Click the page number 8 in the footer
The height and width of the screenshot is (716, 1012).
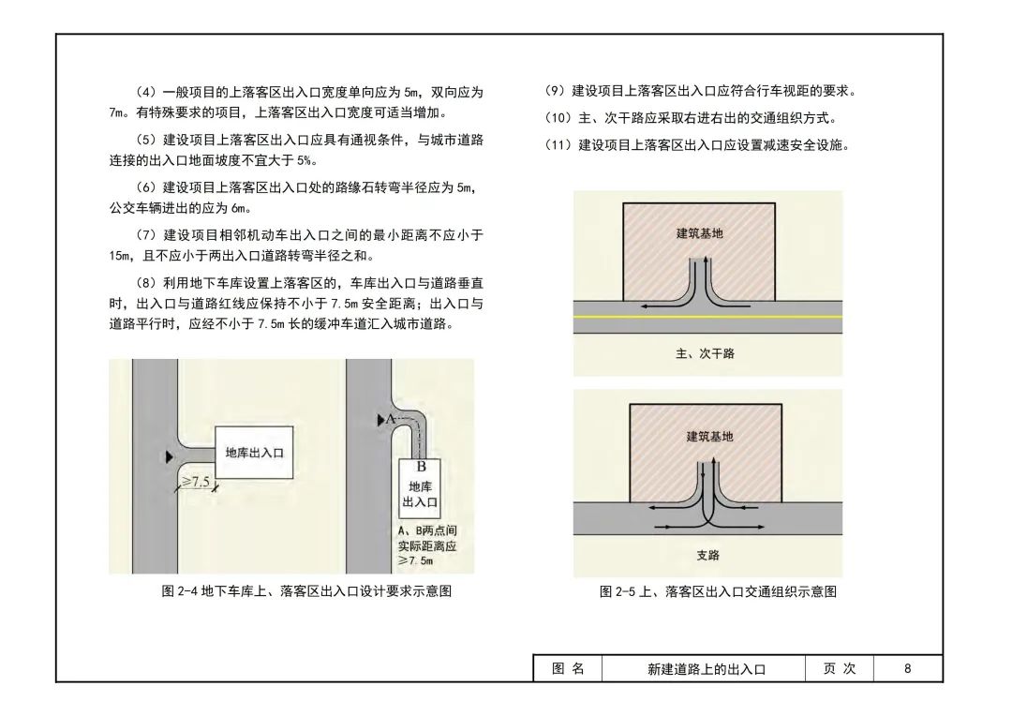point(907,668)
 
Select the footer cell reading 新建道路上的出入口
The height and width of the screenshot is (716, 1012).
point(707,669)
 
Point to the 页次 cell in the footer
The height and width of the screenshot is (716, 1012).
point(839,668)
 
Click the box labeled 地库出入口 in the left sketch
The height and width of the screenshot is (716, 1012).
point(254,454)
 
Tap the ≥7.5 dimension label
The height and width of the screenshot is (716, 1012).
point(195,482)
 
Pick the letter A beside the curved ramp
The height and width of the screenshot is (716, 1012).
point(391,419)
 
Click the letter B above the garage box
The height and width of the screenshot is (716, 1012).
point(422,466)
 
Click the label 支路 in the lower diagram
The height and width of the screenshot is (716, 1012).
point(707,555)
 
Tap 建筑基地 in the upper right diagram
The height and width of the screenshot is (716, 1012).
point(700,232)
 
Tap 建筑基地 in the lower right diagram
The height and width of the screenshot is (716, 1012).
point(709,436)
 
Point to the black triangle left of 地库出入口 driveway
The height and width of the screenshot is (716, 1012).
point(169,456)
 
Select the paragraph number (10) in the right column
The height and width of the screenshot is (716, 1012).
point(558,118)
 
